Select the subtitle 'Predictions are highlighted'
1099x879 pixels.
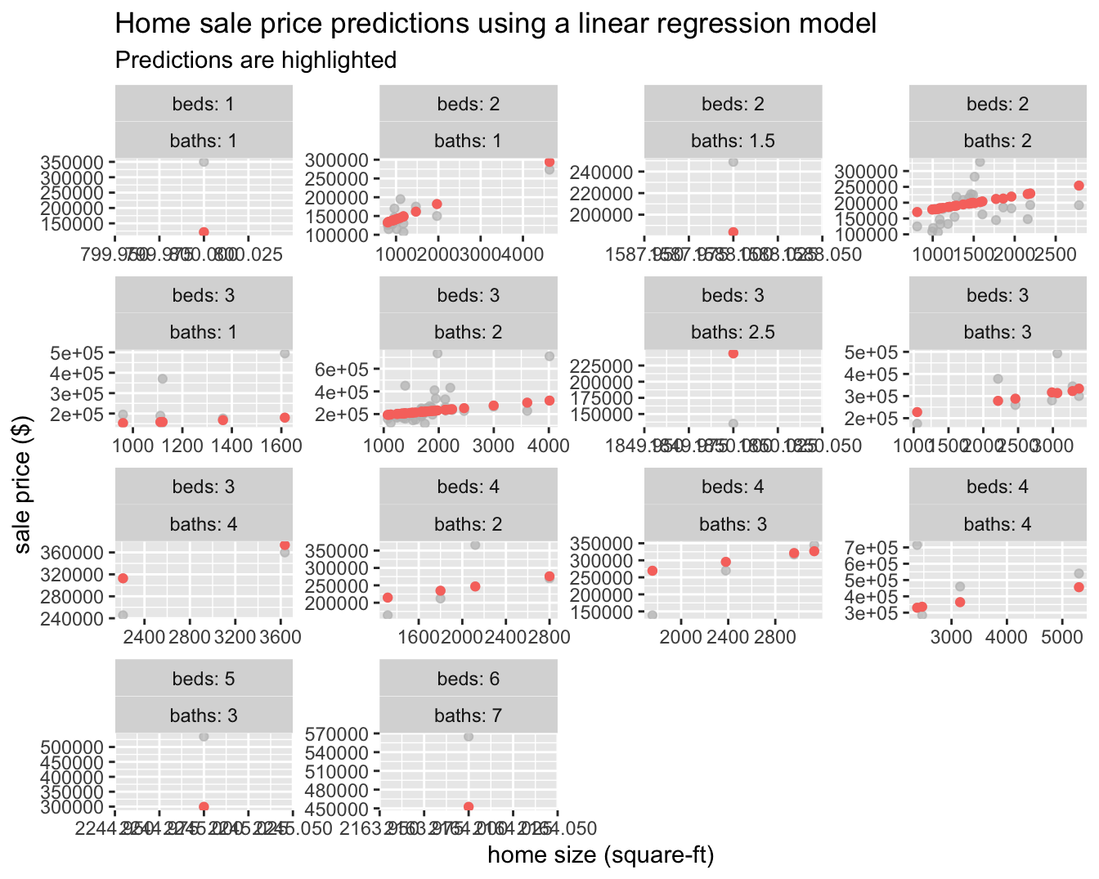tap(256, 61)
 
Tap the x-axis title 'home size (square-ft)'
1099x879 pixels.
tap(601, 855)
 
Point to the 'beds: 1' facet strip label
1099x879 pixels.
tap(204, 104)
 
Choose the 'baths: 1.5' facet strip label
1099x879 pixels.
tap(733, 141)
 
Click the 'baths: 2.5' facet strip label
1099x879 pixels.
tap(733, 332)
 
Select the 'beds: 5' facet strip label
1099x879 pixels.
tap(204, 679)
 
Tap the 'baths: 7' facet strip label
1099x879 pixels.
tap(468, 715)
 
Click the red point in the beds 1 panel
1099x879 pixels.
tap(204, 232)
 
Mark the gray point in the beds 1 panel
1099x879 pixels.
tap(204, 162)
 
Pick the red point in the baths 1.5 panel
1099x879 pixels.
tap(733, 232)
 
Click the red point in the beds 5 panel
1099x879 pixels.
tap(204, 807)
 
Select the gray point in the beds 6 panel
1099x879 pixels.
tap(469, 737)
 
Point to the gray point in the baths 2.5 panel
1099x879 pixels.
tap(733, 424)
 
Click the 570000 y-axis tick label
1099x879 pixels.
tap(335, 733)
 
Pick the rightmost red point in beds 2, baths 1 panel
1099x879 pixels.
tap(549, 162)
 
